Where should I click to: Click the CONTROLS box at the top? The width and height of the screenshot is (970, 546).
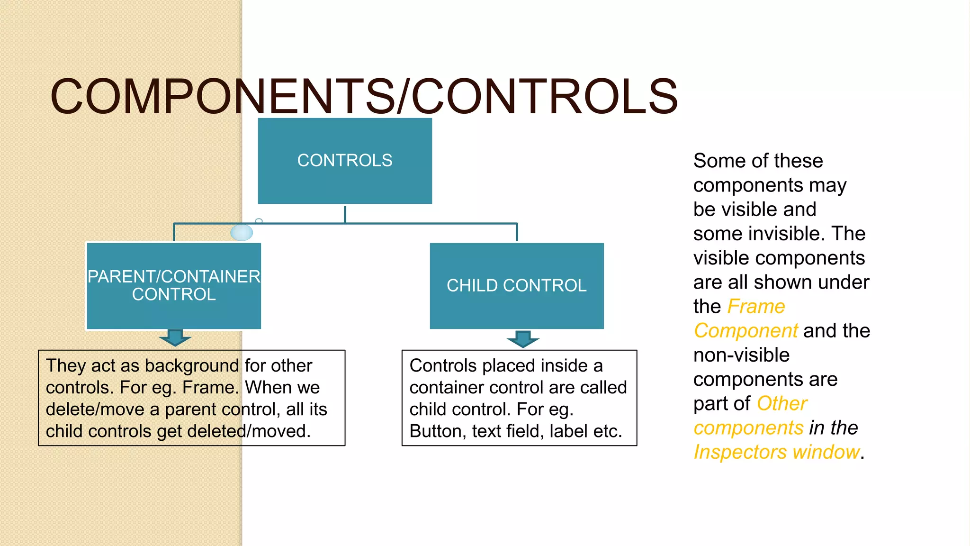click(345, 161)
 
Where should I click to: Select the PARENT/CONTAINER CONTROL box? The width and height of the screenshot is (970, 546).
click(174, 286)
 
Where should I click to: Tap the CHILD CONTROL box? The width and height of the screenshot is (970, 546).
click(517, 286)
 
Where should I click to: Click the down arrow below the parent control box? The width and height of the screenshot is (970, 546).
click(175, 338)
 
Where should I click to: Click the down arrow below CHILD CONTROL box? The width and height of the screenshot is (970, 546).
click(523, 339)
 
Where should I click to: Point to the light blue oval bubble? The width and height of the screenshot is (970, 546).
click(242, 232)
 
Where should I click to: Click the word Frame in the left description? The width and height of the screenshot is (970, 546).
click(209, 388)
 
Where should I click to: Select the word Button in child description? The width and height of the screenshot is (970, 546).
click(435, 431)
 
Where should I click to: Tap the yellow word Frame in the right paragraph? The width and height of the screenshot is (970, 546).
click(756, 307)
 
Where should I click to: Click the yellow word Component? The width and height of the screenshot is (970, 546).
click(746, 331)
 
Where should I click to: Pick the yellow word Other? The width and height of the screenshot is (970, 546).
click(782, 404)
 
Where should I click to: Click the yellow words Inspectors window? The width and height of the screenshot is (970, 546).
click(777, 452)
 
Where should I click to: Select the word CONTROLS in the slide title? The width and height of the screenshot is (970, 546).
click(545, 97)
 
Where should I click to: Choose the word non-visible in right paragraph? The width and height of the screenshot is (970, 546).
click(741, 355)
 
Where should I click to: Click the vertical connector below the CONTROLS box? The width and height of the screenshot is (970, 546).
click(345, 214)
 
